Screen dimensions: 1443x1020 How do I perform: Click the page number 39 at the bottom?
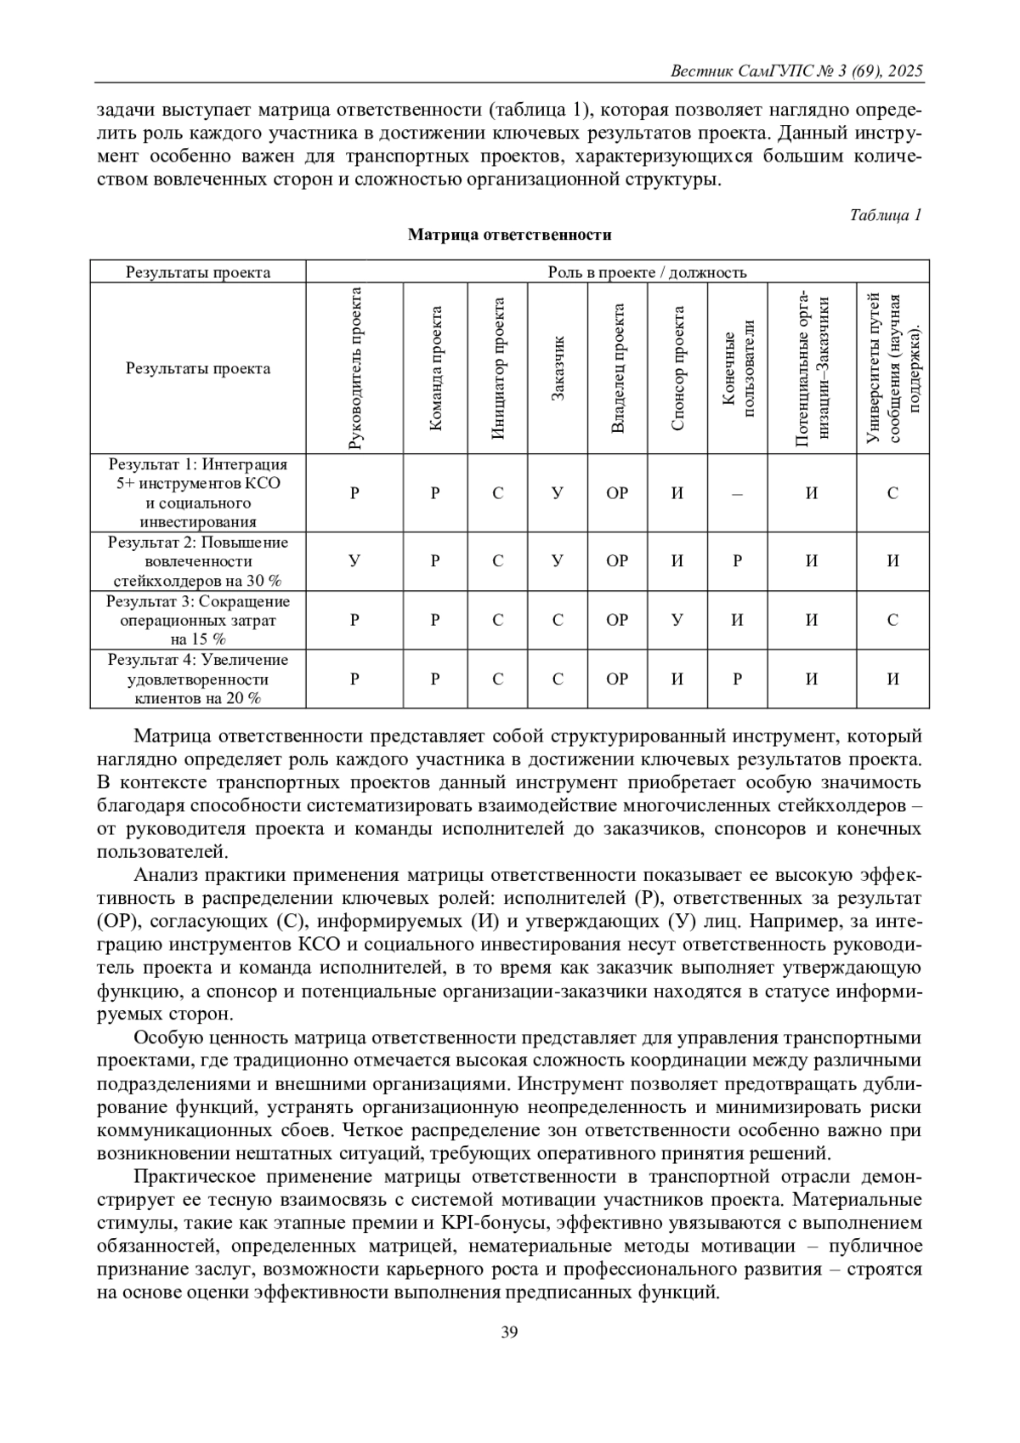tap(509, 1332)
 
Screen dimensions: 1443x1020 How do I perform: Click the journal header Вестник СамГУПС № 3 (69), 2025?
tap(796, 71)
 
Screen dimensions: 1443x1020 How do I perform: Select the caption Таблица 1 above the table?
tap(886, 215)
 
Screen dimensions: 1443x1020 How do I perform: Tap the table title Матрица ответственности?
tap(509, 234)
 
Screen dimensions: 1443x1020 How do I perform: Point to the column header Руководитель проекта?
tap(354, 367)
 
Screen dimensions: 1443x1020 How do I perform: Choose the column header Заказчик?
tap(558, 367)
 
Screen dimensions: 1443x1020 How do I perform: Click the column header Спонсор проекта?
tap(677, 367)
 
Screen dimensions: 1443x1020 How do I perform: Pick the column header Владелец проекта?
tap(618, 367)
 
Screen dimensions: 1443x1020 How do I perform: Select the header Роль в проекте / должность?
tap(617, 272)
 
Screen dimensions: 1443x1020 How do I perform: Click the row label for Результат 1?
tap(198, 493)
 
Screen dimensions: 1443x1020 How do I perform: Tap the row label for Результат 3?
tap(198, 620)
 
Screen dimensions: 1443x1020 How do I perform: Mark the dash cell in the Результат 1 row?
tap(737, 493)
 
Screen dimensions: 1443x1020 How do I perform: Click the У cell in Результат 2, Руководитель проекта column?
tap(354, 561)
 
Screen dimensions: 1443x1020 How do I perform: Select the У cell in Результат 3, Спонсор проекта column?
tap(677, 620)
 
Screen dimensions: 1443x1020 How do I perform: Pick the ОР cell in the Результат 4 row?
tap(618, 679)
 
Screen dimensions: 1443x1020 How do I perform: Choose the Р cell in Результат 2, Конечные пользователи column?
tap(737, 561)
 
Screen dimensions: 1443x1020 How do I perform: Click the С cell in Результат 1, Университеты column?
tap(892, 493)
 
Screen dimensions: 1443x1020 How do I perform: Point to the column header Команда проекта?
tap(435, 367)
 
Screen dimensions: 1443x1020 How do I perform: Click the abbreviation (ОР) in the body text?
tap(116, 922)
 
